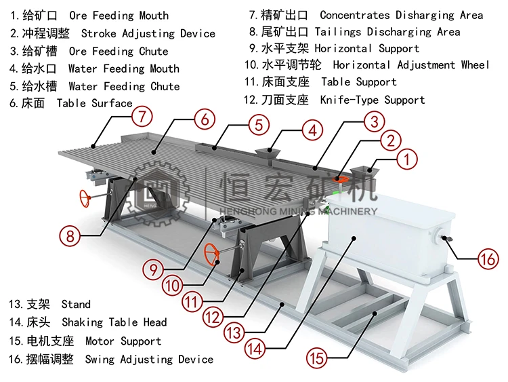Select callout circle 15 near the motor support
coord(320,356)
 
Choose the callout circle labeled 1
coord(406,161)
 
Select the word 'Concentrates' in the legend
coord(354,15)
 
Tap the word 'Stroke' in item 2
coord(98,33)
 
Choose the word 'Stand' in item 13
coord(75,305)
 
